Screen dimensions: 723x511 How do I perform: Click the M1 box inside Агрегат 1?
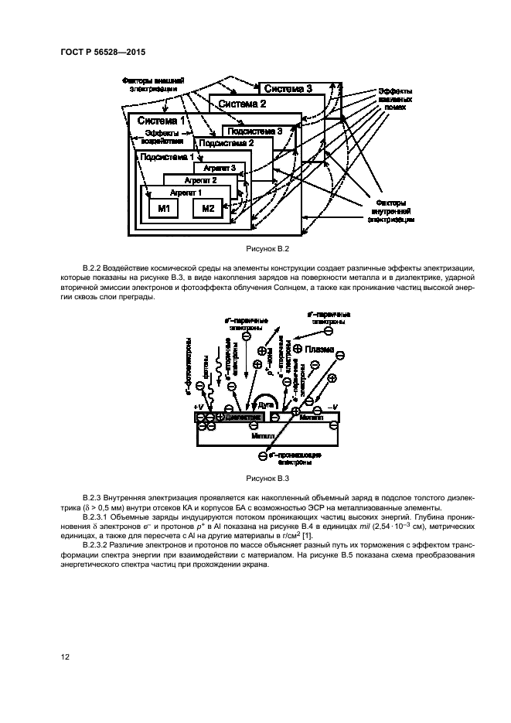tap(163, 208)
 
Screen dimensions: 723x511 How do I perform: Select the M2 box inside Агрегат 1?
tap(207, 208)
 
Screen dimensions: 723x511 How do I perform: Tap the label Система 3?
tap(288, 89)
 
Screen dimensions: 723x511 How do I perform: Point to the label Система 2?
tap(242, 104)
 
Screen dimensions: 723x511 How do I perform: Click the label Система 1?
tap(161, 121)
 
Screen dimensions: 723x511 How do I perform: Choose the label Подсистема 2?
tap(227, 144)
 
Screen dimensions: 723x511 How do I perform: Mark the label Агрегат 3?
tap(219, 168)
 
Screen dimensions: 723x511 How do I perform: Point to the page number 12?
tap(66, 656)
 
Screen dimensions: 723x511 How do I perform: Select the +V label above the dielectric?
tap(200, 405)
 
